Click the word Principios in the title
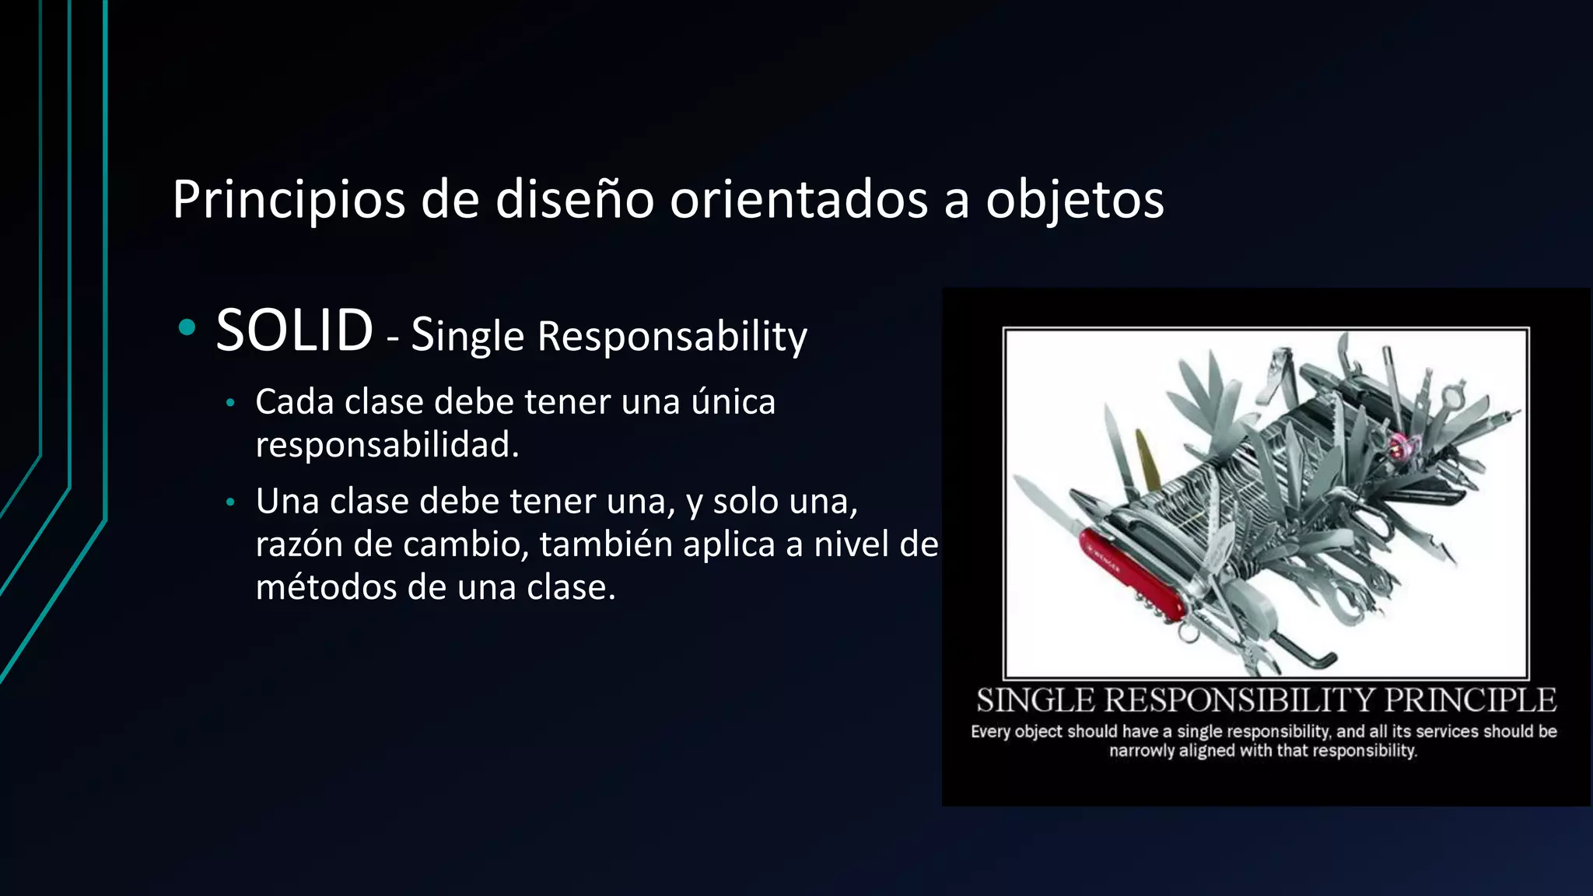pyautogui.click(x=289, y=201)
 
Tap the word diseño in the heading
pyautogui.click(x=574, y=199)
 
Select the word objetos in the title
pyautogui.click(x=1075, y=201)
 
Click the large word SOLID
pyautogui.click(x=294, y=331)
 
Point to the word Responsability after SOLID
pyautogui.click(x=672, y=337)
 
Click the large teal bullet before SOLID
pyautogui.click(x=187, y=327)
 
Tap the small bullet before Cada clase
pyautogui.click(x=229, y=403)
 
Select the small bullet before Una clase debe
pyautogui.click(x=229, y=502)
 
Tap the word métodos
pyautogui.click(x=326, y=586)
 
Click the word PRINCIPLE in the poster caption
pyautogui.click(x=1469, y=701)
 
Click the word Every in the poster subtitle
pyautogui.click(x=990, y=731)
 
